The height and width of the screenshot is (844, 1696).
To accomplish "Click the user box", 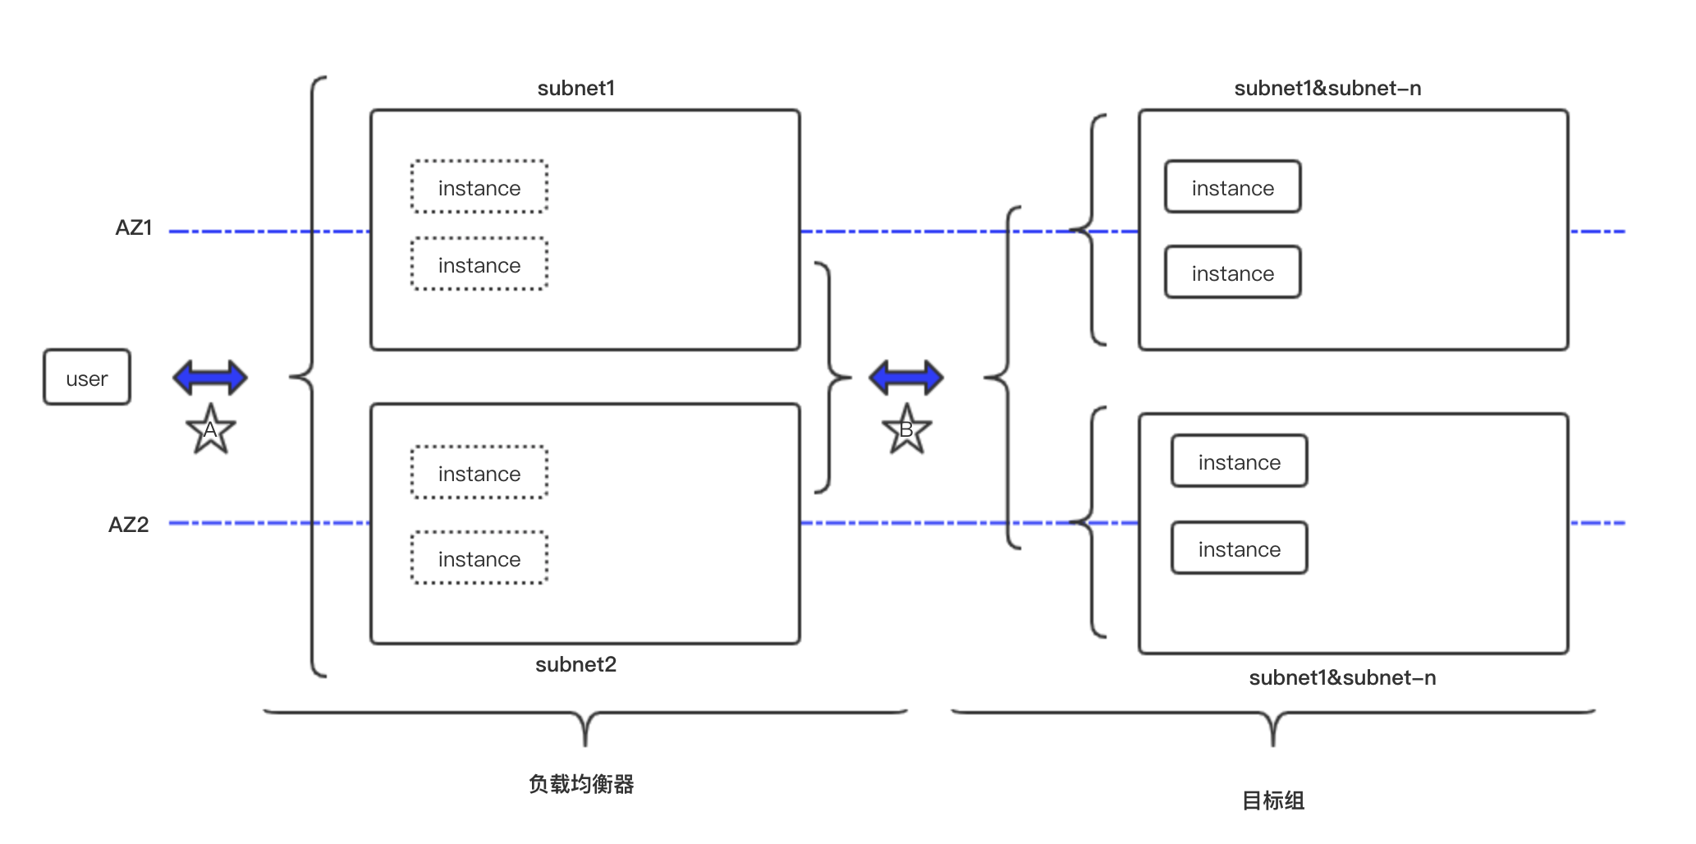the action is click(x=87, y=378).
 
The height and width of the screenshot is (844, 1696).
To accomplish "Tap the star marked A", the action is click(x=211, y=430).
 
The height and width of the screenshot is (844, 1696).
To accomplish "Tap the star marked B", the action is click(x=906, y=430).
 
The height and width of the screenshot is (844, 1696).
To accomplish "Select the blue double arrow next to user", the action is click(x=210, y=378).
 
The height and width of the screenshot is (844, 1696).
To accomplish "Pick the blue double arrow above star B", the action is click(x=906, y=378).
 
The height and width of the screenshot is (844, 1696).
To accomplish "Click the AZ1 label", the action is click(x=134, y=228).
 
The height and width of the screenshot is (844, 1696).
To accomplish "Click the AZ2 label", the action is click(x=129, y=525).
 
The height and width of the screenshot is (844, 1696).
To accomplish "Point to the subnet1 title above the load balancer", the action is click(x=576, y=89).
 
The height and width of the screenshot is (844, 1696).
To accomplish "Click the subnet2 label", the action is click(x=576, y=664).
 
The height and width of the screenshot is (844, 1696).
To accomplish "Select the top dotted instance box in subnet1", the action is click(x=479, y=187).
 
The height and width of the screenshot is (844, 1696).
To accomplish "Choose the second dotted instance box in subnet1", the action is click(x=479, y=264).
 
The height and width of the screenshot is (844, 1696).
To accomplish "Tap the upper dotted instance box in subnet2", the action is click(x=479, y=473).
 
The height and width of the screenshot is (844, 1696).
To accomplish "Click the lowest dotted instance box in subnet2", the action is click(x=479, y=558).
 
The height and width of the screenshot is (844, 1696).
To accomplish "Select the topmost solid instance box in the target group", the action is click(x=1232, y=187).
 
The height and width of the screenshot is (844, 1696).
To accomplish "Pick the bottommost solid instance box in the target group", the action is click(x=1239, y=548).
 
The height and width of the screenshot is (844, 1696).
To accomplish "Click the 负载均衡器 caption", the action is click(x=581, y=784).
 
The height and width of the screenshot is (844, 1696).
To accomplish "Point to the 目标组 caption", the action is click(x=1272, y=800).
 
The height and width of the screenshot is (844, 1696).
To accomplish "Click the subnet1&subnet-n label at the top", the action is click(x=1327, y=89).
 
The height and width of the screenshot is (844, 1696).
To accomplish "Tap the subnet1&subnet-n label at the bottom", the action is click(x=1342, y=678).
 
